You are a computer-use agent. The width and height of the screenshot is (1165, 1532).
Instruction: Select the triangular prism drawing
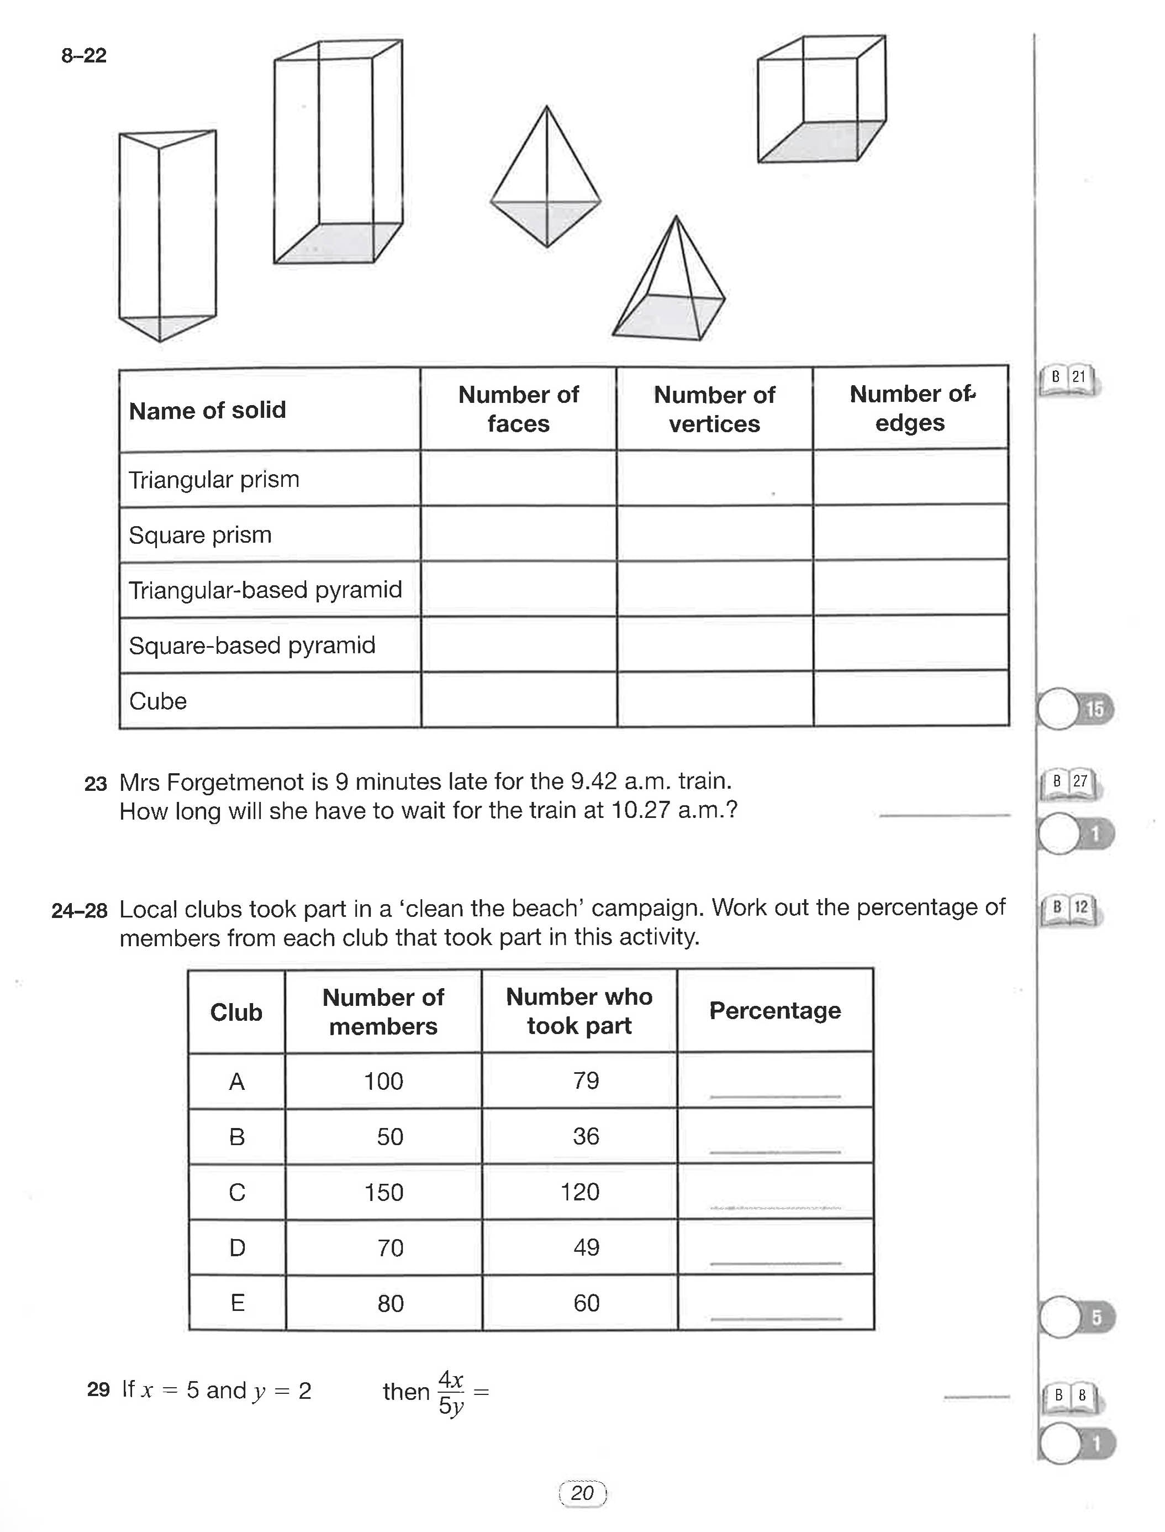pos(166,236)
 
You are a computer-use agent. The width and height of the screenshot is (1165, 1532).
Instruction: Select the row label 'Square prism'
pos(200,535)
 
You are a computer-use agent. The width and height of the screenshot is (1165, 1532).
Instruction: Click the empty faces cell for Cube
pos(519,699)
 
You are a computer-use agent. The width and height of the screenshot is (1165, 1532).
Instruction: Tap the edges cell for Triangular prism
pos(910,478)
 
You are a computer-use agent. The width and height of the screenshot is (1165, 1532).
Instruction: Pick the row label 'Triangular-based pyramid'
pos(265,590)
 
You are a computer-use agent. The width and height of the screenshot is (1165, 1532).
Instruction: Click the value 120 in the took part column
pos(579,1192)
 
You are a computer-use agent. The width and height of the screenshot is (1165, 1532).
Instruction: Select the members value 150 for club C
pos(383,1192)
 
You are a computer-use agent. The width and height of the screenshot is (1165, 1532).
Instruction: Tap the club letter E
pos(237,1303)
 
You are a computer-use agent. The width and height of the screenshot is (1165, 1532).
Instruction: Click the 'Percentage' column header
pos(774,1010)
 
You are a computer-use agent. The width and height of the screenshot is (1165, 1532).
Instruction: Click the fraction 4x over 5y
pos(451,1392)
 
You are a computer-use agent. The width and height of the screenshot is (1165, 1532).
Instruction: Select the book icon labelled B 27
pos(1069,783)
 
